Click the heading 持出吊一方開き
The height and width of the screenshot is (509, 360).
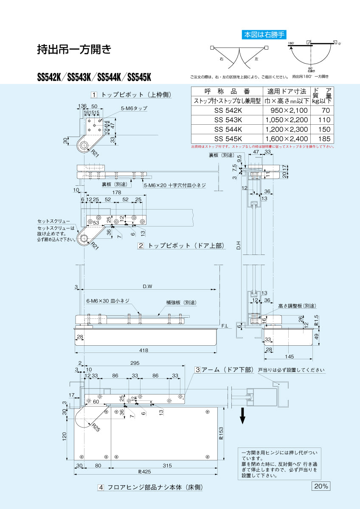coord(74,50)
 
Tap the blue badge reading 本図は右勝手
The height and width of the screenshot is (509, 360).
coord(264,35)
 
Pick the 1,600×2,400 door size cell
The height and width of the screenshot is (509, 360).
coord(284,138)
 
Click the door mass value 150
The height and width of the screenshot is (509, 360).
coord(323,129)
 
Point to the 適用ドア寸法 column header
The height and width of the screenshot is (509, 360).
coord(287,91)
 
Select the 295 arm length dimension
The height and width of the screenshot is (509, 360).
coord(135,363)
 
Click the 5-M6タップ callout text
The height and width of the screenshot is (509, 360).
coord(134,109)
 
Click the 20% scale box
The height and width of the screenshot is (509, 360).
coord(321,486)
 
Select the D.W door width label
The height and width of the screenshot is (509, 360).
coord(147,287)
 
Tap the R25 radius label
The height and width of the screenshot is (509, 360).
coord(95,428)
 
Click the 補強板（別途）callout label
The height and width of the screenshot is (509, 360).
coord(181,303)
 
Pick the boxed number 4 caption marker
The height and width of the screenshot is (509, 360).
coord(101,488)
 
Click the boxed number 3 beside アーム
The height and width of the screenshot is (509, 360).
coord(197,370)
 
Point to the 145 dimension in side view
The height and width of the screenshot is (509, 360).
coord(290,356)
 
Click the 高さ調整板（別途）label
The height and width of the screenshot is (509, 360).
coord(297,305)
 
